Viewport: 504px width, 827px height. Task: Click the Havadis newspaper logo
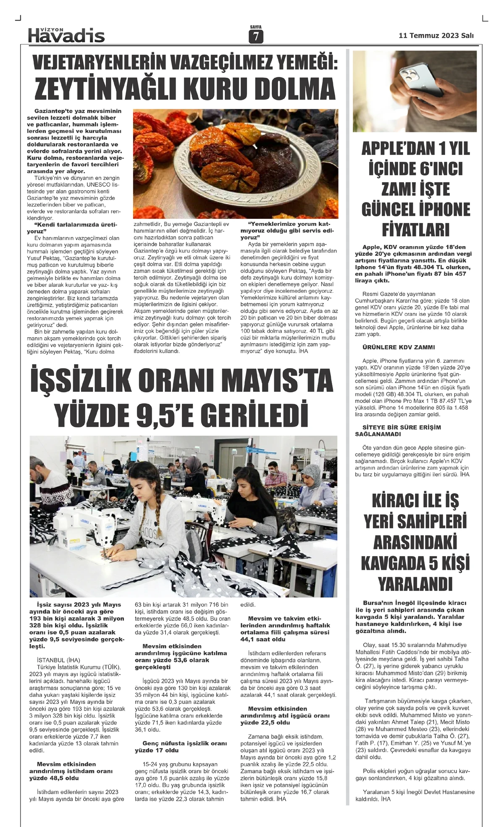tap(66, 35)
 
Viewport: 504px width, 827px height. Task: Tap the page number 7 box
tap(255, 37)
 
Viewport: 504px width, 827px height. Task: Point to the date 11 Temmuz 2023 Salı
tap(436, 36)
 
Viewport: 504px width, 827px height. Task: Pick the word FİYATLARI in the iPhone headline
tap(415, 230)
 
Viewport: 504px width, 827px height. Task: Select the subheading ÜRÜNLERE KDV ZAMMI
tap(393, 347)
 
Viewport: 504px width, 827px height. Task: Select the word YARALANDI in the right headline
tap(415, 584)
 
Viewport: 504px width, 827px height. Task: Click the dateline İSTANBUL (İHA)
tap(58, 660)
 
